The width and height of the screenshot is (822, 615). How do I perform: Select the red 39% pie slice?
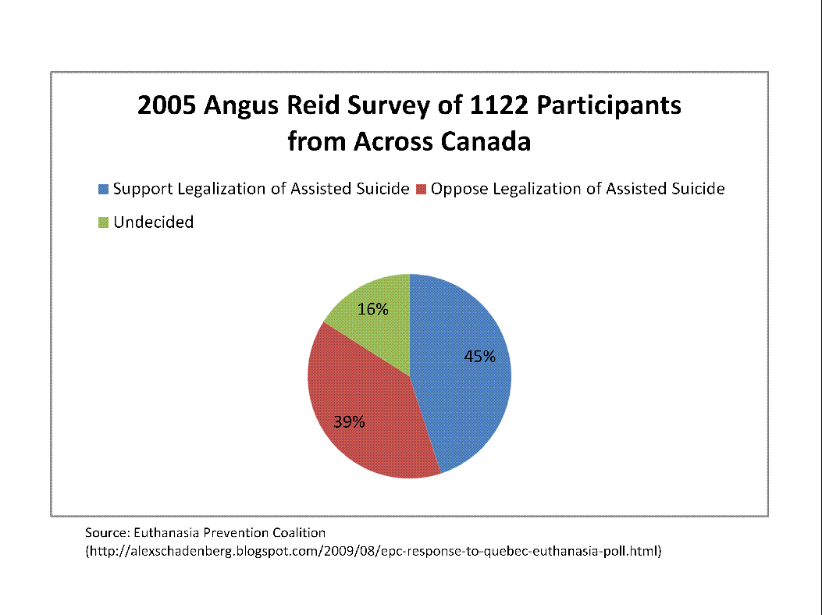coord(367,406)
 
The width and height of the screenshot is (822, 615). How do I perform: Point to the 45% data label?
coord(480,357)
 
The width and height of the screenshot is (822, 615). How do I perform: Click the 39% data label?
coord(350,422)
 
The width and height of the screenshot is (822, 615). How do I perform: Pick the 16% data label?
coord(373,309)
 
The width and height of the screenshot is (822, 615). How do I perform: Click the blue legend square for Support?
coord(104,189)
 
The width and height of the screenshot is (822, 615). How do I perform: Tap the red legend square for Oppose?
coord(421,189)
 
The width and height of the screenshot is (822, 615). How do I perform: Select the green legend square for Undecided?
coord(104,222)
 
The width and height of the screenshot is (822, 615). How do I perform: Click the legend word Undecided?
coord(153,222)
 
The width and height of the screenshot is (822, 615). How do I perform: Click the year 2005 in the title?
coord(167,105)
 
